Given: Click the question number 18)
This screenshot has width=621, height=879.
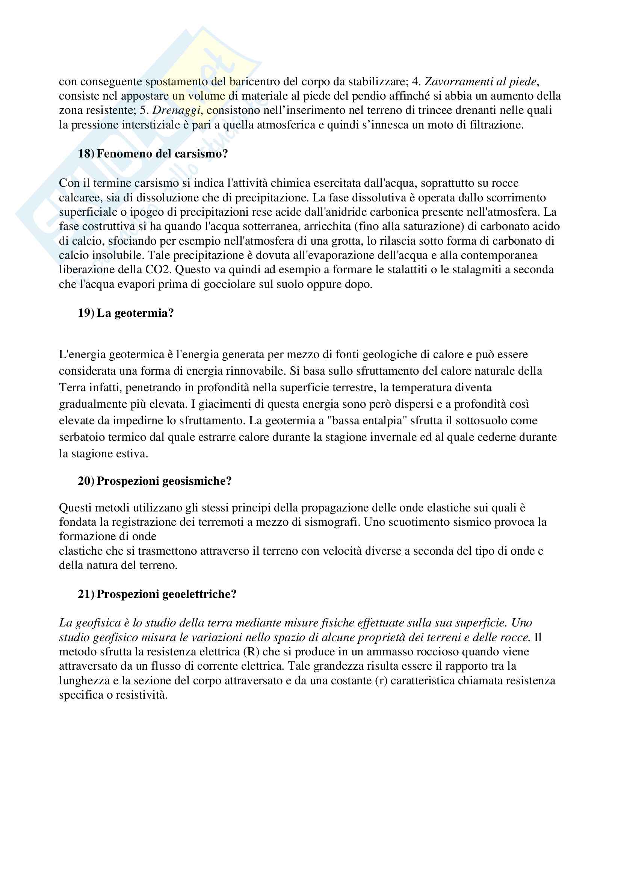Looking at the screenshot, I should tap(86, 154).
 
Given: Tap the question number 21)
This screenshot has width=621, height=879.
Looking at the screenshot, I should tap(86, 594).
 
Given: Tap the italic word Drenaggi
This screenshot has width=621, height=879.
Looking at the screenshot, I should tap(176, 110).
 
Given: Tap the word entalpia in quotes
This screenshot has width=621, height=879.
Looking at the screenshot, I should tap(384, 421).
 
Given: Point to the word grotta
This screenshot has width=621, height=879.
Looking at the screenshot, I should tap(346, 241).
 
